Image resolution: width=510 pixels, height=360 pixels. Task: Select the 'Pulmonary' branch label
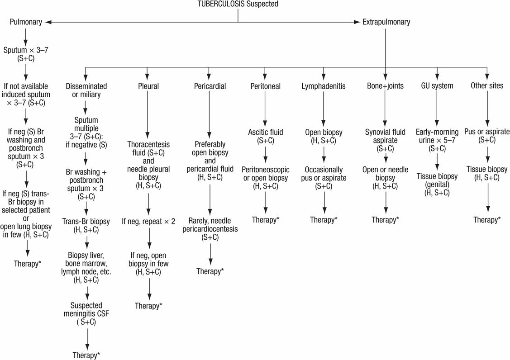[25, 21]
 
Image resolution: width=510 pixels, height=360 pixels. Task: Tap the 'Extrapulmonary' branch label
[386, 21]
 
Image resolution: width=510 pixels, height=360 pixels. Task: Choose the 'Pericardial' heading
[209, 85]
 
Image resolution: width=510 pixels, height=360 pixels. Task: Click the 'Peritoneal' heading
[266, 85]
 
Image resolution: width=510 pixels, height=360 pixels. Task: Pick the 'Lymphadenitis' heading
[323, 85]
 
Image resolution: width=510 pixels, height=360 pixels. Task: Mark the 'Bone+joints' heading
[386, 85]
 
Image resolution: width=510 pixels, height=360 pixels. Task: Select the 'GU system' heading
[436, 85]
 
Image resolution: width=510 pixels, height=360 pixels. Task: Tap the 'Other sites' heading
[486, 85]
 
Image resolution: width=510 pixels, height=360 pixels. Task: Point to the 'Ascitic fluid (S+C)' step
[266, 137]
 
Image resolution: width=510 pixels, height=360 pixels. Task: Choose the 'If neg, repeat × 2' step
[149, 222]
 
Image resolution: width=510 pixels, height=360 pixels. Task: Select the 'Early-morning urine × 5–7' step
[436, 137]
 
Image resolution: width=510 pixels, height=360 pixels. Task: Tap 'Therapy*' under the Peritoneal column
[266, 219]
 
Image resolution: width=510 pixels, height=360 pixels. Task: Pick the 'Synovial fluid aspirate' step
[386, 137]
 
